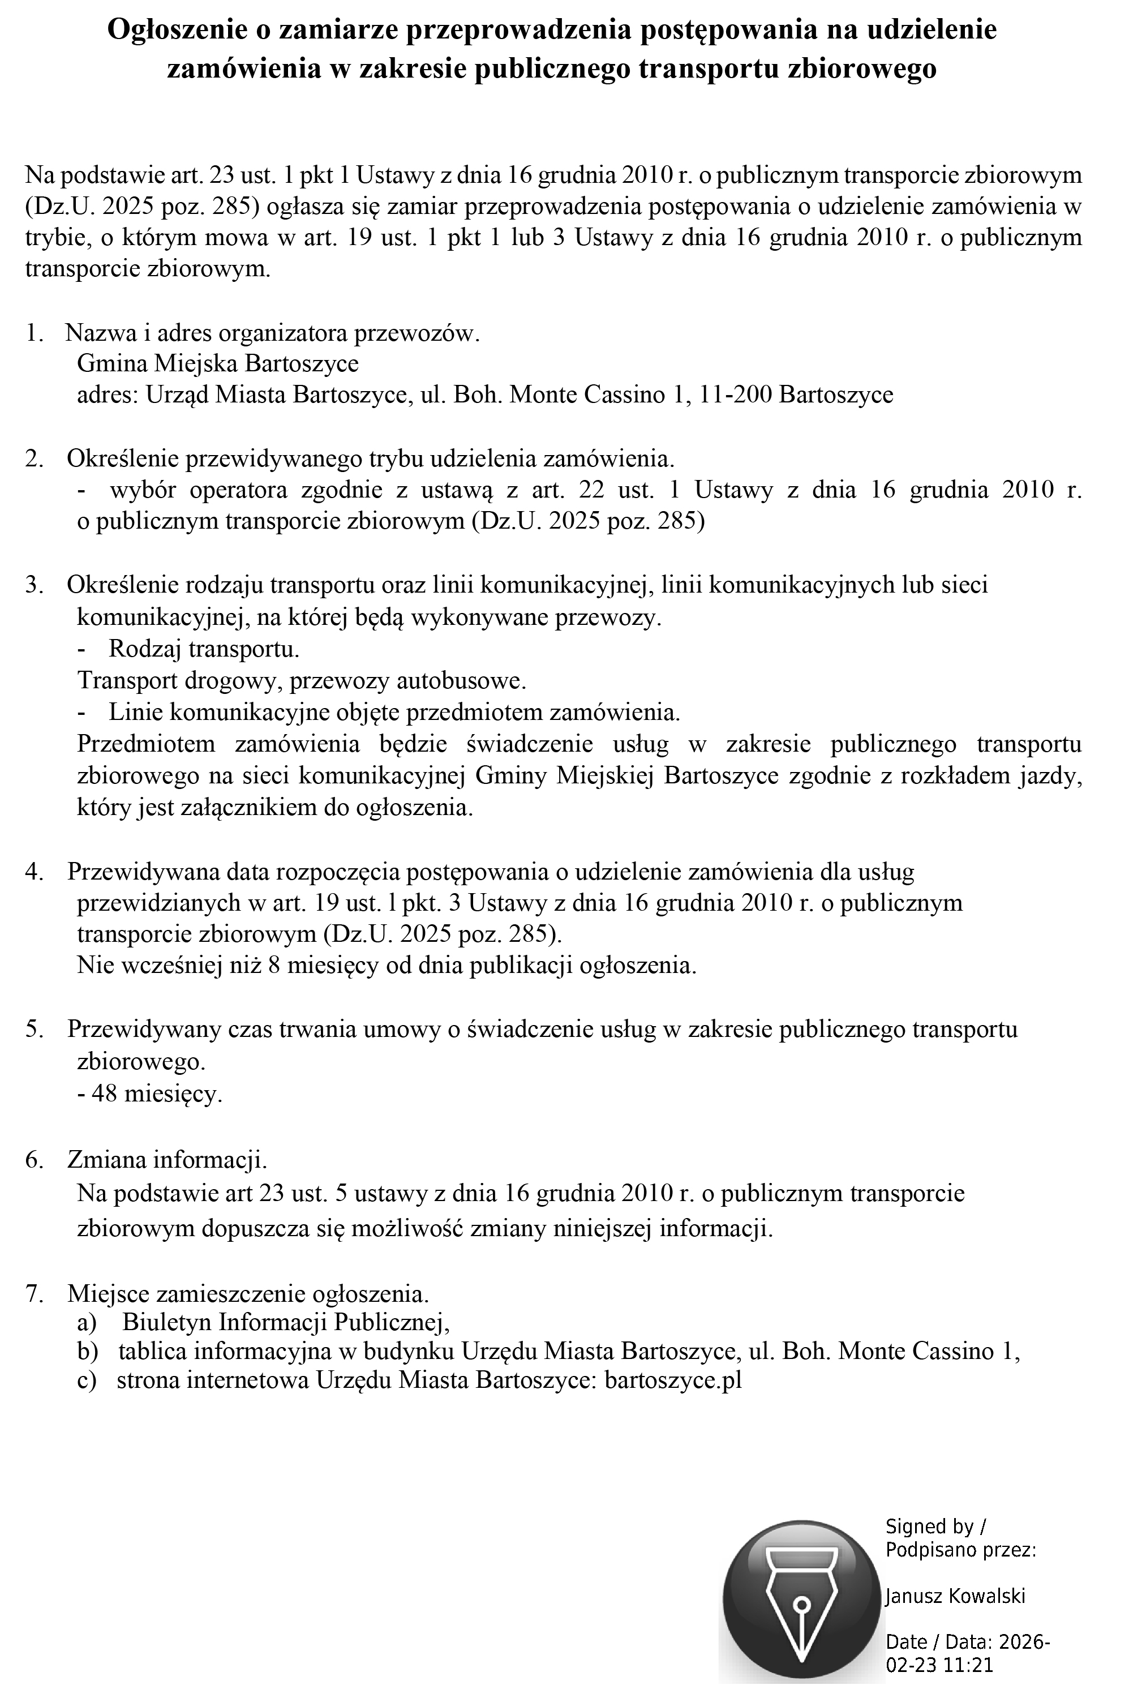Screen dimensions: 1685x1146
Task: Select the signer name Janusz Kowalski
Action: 955,1595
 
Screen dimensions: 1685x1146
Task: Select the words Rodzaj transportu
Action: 204,648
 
